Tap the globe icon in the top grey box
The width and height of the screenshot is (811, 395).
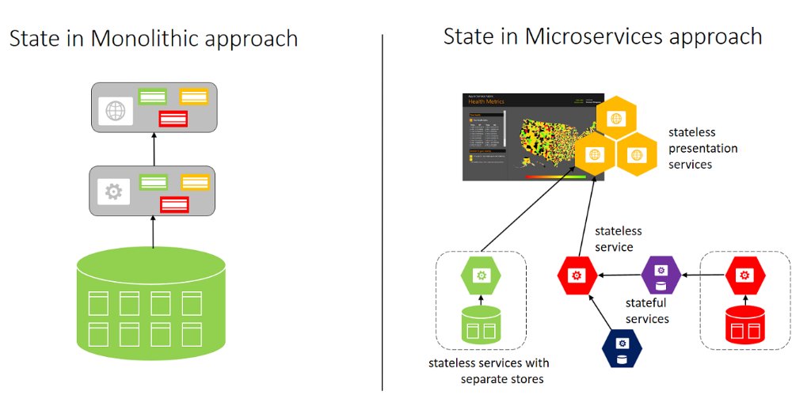pos(116,111)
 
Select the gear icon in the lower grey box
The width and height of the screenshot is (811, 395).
pos(114,192)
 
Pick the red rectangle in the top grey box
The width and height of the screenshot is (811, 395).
pos(173,119)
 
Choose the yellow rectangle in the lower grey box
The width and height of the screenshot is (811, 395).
pos(194,182)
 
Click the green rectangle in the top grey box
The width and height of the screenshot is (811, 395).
pos(153,97)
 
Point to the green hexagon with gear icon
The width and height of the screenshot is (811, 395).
pos(480,275)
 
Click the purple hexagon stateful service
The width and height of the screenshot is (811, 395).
pos(661,275)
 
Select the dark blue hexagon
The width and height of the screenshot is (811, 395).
pos(623,349)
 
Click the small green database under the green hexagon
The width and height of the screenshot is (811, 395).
pos(481,325)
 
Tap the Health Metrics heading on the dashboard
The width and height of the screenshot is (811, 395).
pos(487,101)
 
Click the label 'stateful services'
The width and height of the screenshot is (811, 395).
pos(647,311)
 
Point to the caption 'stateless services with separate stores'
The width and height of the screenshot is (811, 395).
pos(489,371)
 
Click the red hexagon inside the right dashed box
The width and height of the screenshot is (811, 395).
pos(745,275)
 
